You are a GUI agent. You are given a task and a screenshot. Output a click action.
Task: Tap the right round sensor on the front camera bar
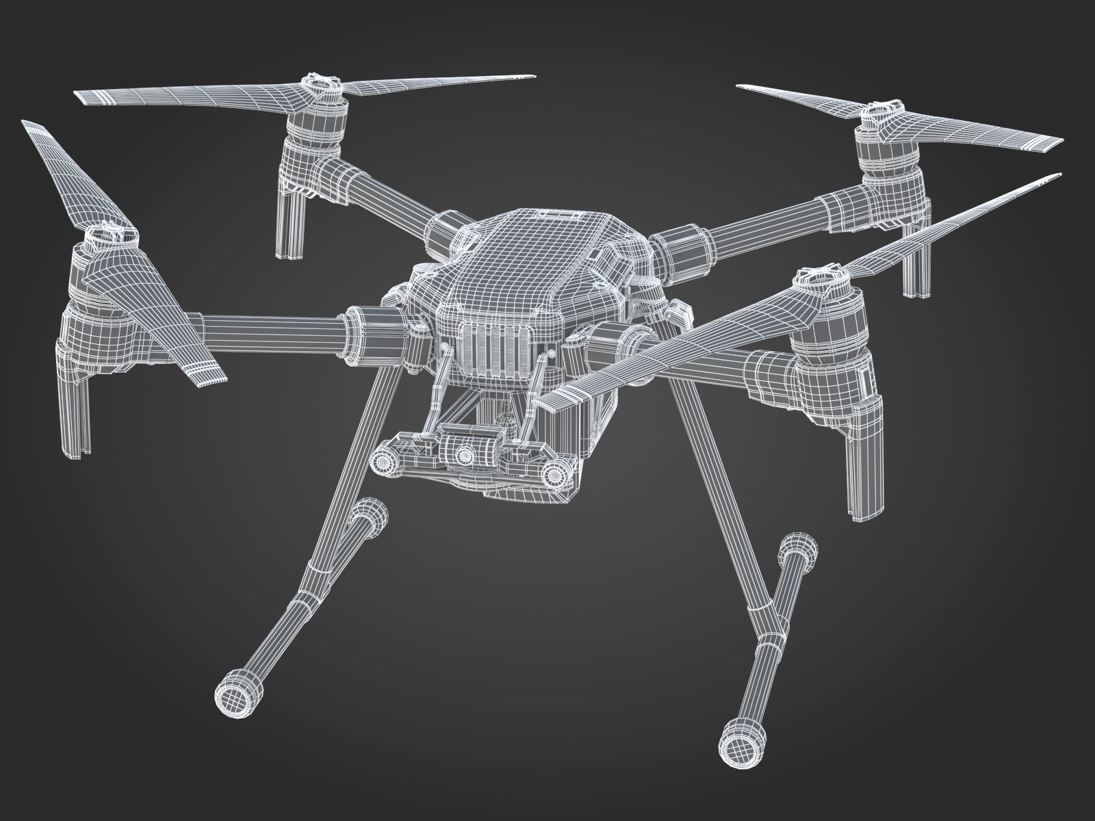559,474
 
